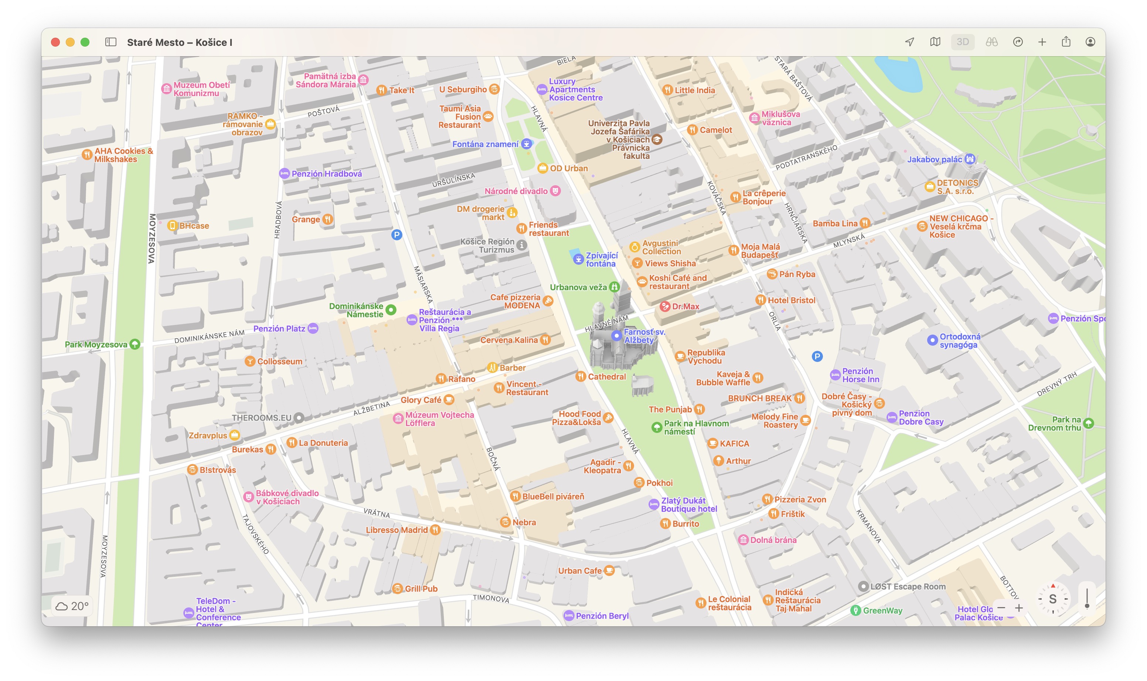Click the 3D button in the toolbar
[x=962, y=42]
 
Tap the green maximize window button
[x=85, y=42]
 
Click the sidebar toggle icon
[x=110, y=42]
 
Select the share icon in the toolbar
[x=1066, y=42]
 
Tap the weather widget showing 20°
[x=72, y=606]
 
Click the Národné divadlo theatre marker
[x=555, y=191]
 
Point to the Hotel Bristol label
[x=791, y=300]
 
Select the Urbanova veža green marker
[x=614, y=287]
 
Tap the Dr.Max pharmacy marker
[x=664, y=306]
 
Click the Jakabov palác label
[x=934, y=159]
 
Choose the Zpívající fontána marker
[x=578, y=259]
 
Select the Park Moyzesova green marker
[x=135, y=344]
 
